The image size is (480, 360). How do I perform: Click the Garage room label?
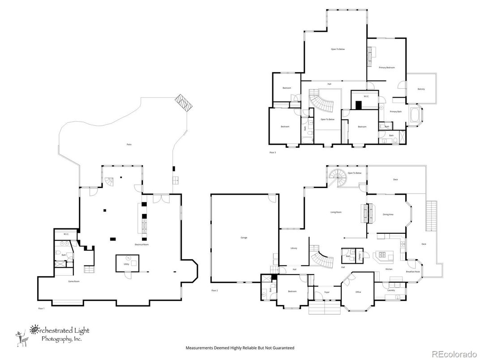point(244,238)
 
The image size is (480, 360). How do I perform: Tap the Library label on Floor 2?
point(294,248)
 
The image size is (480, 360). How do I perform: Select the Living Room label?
point(336,212)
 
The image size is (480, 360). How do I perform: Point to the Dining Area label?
point(388,214)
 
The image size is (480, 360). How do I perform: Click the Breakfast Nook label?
point(412,272)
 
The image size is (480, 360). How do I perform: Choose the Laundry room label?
point(390,291)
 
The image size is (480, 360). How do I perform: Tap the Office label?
point(358,292)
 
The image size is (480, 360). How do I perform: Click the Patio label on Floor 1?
point(129,145)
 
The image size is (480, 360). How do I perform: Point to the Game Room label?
point(73,282)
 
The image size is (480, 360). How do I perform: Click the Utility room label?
point(126,264)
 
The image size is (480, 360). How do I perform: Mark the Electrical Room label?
point(141,244)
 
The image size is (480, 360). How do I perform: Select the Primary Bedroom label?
point(386,68)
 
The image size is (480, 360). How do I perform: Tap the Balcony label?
point(421,89)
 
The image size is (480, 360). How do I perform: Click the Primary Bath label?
point(395,111)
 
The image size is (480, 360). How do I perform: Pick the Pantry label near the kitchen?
point(360,256)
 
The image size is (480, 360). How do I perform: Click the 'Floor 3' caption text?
point(272,153)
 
